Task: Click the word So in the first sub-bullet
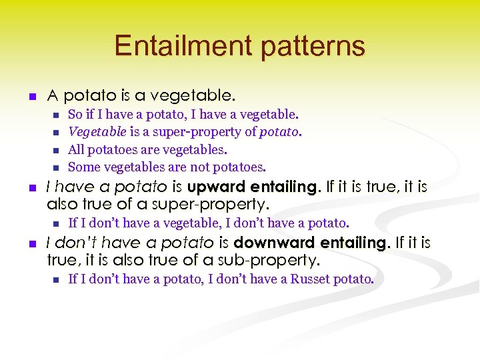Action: pos(75,114)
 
